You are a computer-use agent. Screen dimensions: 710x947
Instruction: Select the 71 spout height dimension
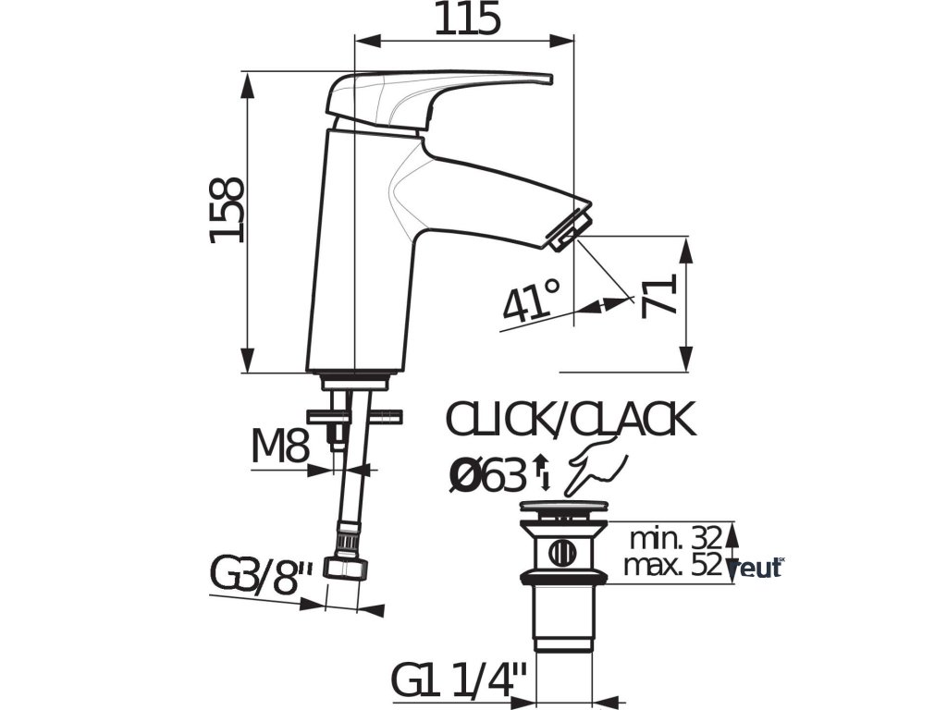click(659, 295)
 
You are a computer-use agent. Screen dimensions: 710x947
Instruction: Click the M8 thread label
click(279, 448)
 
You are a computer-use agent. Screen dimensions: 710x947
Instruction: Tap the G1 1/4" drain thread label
click(458, 682)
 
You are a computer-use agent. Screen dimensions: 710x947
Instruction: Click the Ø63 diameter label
click(486, 475)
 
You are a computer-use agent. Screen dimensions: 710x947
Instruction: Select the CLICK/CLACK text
click(570, 421)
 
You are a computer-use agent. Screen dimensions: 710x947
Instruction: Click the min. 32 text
click(674, 538)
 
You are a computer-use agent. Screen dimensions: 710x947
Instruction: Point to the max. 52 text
click(671, 565)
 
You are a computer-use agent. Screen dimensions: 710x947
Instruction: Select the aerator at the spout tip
click(570, 228)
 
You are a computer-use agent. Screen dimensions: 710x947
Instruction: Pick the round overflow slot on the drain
click(560, 553)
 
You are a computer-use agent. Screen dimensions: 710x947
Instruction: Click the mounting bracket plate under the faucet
click(355, 417)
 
